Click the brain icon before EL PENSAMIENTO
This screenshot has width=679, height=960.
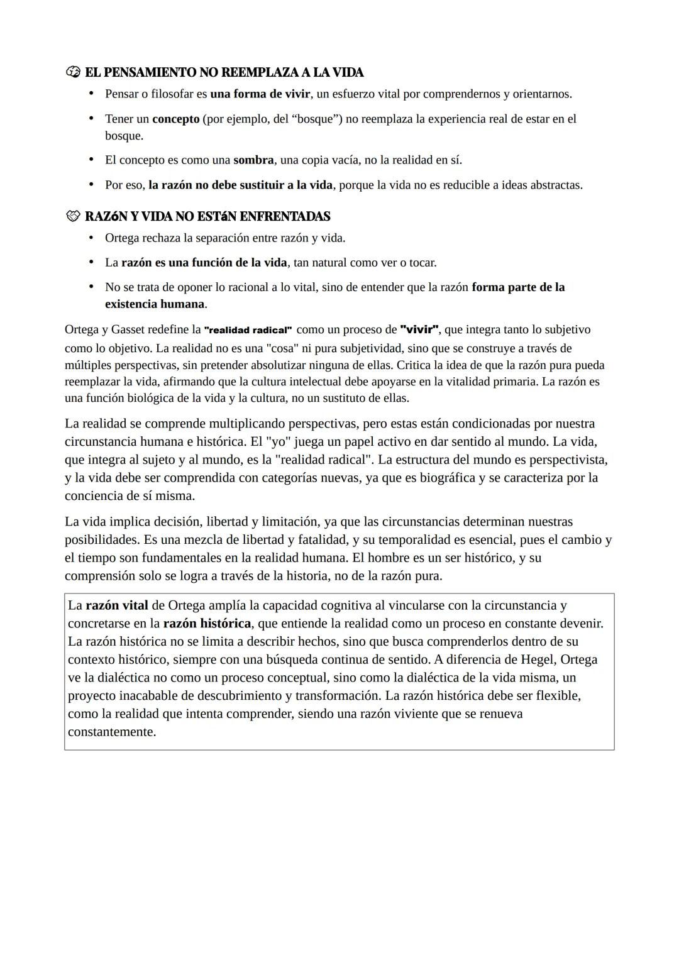pyautogui.click(x=73, y=72)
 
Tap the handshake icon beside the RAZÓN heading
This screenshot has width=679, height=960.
pyautogui.click(x=73, y=216)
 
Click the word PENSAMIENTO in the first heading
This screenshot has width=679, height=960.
pyautogui.click(x=149, y=72)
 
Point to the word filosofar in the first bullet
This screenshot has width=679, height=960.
pyautogui.click(x=174, y=94)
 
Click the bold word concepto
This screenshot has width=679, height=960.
pyautogui.click(x=175, y=119)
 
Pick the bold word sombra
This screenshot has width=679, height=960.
pyautogui.click(x=253, y=160)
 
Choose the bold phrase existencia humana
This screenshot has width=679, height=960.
pyautogui.click(x=155, y=304)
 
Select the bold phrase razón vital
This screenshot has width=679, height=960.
pyautogui.click(x=117, y=605)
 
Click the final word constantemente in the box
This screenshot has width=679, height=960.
pyautogui.click(x=111, y=732)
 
